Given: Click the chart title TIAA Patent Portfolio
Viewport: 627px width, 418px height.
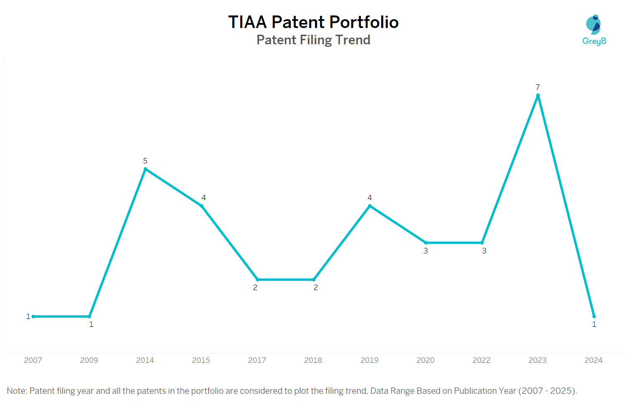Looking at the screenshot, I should pos(313,22).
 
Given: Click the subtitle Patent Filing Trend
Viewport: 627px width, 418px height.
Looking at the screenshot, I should pos(313,40).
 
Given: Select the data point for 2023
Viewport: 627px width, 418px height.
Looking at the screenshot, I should pos(538,95).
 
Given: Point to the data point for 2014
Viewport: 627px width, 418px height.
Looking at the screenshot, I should pos(145,169).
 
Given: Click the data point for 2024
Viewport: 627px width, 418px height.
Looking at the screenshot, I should pos(594,316).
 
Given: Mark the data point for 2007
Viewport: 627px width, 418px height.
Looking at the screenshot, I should pos(33,316).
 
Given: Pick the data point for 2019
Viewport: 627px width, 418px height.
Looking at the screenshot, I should pos(370,206).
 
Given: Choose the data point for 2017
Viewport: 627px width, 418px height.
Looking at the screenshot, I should pos(257,280).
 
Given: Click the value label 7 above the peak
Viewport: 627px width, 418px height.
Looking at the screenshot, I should pos(538,87).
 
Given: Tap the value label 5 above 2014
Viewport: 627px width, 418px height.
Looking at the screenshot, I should pos(145,161).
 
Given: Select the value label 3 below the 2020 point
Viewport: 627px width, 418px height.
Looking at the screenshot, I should pos(426,251).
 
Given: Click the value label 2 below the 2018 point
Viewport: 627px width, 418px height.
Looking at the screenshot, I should pos(316,288).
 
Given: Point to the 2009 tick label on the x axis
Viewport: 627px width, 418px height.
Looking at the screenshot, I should pos(89,360).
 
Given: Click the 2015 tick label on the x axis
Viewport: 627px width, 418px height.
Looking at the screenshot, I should pos(201,360).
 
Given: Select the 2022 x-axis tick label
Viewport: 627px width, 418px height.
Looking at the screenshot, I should pos(482,360).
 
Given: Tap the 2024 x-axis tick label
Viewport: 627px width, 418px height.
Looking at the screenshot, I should pos(594,360).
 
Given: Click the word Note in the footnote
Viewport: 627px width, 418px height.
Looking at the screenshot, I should pos(16,391).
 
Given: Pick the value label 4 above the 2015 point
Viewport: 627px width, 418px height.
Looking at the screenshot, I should pos(204,198).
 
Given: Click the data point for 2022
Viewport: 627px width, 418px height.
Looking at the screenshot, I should pos(482,242).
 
